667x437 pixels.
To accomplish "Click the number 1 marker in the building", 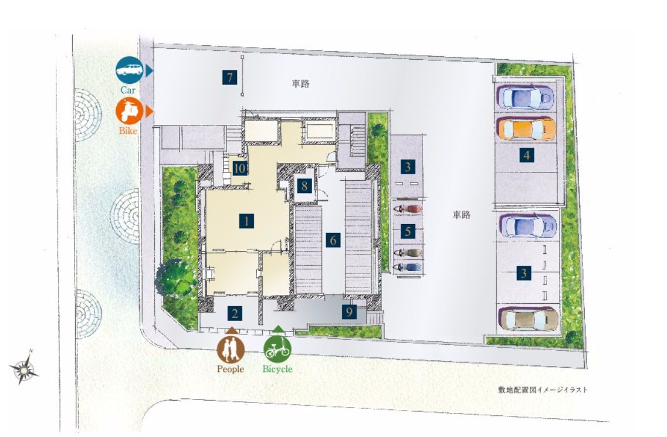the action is tap(246, 221).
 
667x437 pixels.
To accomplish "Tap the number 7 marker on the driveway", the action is tap(230, 77).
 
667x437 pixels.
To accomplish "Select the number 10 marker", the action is tap(239, 168).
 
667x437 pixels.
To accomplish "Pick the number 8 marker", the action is tap(304, 185).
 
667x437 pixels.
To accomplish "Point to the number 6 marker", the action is tap(333, 240).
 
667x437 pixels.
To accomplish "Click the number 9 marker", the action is tap(349, 312).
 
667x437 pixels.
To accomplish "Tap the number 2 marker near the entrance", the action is tap(235, 314).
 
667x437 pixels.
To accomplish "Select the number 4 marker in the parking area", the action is tap(527, 155).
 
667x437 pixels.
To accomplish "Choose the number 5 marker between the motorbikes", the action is tap(408, 232).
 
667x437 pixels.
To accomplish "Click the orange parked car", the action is tap(526, 128).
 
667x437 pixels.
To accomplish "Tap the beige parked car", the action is tap(529, 319).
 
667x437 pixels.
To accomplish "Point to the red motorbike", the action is tap(408, 209).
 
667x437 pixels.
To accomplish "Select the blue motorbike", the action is tap(408, 267).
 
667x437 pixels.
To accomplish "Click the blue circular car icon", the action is tap(129, 70).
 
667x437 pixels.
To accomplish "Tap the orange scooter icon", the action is tap(129, 111).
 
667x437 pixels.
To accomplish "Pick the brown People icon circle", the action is tap(231, 349).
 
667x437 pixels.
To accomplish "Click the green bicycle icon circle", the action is tap(277, 349).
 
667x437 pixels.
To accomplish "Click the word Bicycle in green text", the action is tap(277, 370).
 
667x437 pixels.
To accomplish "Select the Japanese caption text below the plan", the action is tap(543, 389).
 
